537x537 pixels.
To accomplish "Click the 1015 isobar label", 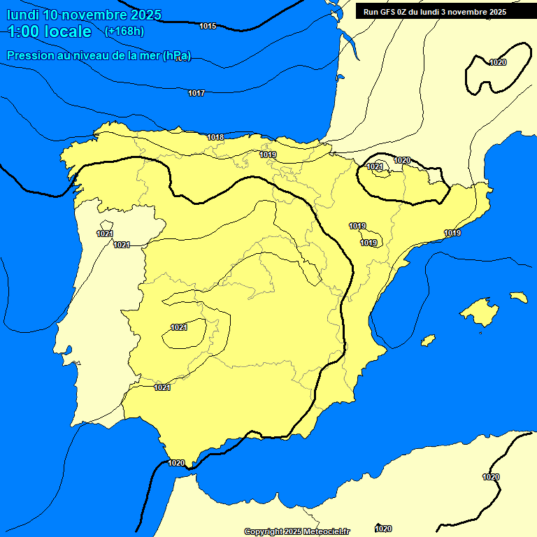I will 208,26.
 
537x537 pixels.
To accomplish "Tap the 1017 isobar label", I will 196,93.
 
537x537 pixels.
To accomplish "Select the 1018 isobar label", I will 216,137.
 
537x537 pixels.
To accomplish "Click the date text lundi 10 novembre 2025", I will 84,15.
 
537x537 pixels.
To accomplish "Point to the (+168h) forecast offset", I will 124,31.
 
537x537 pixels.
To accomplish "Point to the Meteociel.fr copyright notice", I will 297,531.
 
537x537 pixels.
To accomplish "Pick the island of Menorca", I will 518,297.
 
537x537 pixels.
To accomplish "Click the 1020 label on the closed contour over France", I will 498,62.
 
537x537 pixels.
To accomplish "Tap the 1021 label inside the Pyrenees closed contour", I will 375,166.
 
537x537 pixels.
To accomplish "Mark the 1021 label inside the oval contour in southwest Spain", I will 179,327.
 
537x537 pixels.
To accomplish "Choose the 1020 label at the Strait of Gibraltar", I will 176,463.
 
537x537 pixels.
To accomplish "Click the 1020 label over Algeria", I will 491,477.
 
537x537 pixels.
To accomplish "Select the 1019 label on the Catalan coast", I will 452,233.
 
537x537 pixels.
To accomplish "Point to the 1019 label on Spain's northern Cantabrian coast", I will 268,155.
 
